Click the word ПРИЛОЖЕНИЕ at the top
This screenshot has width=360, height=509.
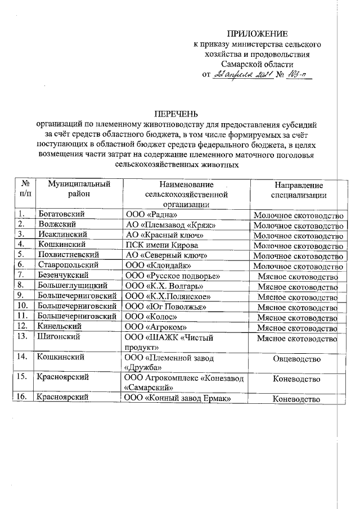[x=256, y=34]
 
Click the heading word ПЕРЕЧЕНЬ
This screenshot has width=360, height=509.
[x=177, y=114]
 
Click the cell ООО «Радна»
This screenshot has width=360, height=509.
[x=151, y=215]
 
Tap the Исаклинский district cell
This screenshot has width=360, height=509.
[x=61, y=235]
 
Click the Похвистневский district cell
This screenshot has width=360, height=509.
[x=67, y=255]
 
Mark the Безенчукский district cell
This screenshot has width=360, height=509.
[x=64, y=275]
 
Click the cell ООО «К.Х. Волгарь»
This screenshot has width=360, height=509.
[x=160, y=286]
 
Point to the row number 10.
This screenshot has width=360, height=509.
[x=23, y=307]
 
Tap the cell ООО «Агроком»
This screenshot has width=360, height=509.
[x=155, y=327]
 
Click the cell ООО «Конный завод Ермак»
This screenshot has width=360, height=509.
[x=178, y=399]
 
